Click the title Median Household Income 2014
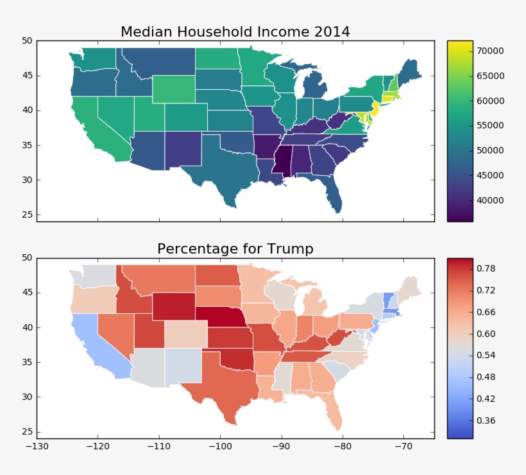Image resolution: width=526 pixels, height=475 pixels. coord(235,31)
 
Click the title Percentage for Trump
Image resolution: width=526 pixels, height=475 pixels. coord(235,248)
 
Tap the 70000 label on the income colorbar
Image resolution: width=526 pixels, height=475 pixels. coord(490,51)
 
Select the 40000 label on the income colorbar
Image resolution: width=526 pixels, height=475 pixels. coord(490,200)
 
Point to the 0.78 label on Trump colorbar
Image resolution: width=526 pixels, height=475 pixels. coord(486,268)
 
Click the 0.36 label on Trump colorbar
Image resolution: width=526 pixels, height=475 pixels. coord(486,420)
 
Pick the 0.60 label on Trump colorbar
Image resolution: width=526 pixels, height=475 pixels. coord(486,334)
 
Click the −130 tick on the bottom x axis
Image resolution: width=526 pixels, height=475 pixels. coord(37,445)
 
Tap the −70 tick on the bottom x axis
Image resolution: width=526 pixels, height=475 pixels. coord(403,445)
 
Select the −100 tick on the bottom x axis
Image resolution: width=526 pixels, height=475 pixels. coord(220,445)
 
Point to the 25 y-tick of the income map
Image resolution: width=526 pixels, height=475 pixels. coord(27,214)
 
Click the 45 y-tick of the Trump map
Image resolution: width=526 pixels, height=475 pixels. coord(27,293)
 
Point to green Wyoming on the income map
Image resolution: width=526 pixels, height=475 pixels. coord(174,89)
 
